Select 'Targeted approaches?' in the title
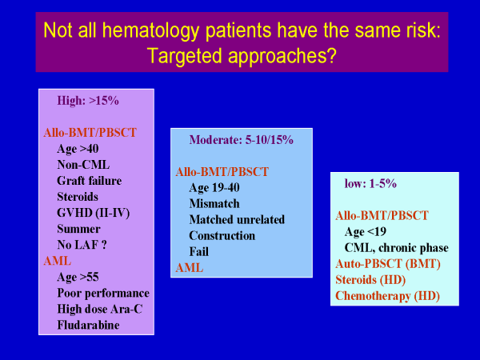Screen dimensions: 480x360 [242, 56]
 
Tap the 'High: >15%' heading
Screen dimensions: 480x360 [88, 101]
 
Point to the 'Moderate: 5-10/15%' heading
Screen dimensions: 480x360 [242, 140]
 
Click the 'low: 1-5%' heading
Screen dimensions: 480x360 [370, 184]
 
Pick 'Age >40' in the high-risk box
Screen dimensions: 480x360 [78, 149]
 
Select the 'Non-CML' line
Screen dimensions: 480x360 [83, 165]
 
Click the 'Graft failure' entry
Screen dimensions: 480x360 [89, 181]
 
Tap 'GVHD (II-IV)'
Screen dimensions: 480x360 [93, 213]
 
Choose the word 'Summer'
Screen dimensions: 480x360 [78, 229]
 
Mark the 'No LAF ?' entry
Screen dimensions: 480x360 [82, 245]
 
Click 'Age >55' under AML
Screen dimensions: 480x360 [78, 277]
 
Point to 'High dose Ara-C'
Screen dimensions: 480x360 [100, 309]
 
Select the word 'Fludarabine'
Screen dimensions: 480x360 [88, 325]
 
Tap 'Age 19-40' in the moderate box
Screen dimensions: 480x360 [214, 188]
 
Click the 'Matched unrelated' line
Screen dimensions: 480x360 [237, 219]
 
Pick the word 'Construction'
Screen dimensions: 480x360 [222, 235]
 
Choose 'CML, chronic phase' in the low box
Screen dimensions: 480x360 [397, 248]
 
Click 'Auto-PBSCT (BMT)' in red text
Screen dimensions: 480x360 [388, 264]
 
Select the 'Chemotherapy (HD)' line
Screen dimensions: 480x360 [387, 296]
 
